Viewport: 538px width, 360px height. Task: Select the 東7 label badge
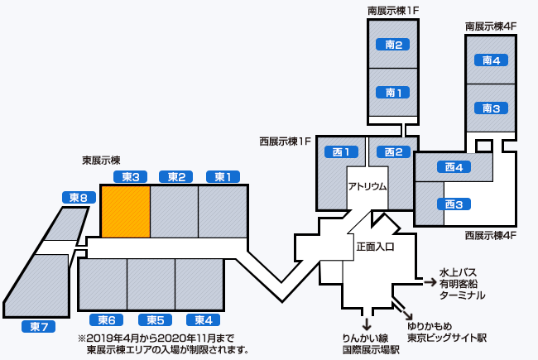point(37,327)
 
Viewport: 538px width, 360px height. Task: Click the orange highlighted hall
point(125,211)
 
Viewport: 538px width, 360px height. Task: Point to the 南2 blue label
point(393,45)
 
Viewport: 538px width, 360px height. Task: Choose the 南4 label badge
point(492,60)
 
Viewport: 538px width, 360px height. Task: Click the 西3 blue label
point(453,204)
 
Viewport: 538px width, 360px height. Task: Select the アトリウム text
point(367,186)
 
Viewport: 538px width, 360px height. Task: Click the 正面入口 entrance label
point(375,247)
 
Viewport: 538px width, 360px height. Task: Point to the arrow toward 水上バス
point(430,282)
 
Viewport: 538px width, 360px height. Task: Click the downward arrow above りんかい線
point(366,322)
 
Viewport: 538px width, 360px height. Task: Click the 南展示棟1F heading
point(394,11)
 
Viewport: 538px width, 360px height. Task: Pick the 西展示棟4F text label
point(491,235)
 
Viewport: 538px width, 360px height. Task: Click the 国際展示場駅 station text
point(371,349)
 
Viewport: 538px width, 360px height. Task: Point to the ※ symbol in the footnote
point(82,338)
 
